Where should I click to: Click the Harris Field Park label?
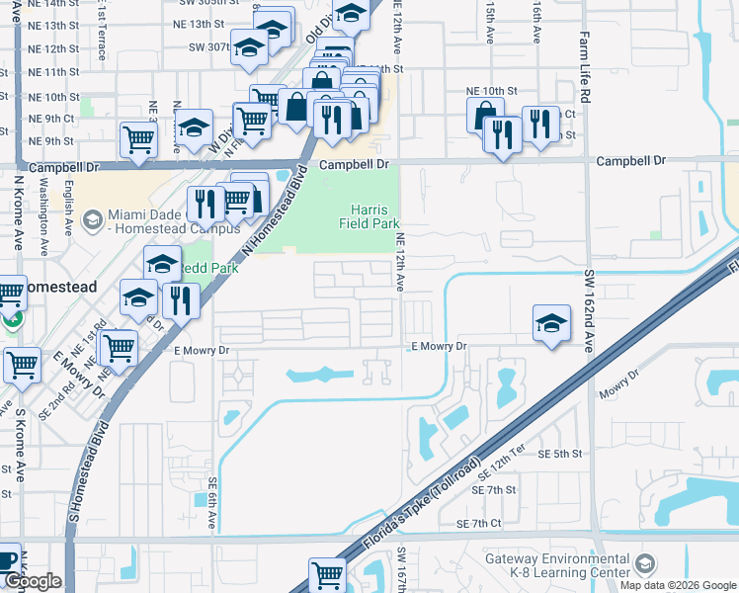[x=374, y=216]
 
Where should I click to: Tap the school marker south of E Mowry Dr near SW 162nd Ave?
[x=551, y=322]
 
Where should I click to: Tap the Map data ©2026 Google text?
[x=679, y=585]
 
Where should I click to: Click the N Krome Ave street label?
[x=19, y=212]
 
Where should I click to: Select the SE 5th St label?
[x=560, y=454]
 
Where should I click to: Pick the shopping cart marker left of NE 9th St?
[x=137, y=139]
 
